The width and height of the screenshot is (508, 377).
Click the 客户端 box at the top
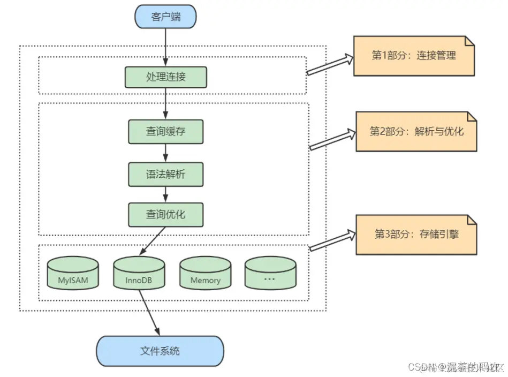tap(165, 17)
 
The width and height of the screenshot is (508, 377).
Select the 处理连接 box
tap(165, 77)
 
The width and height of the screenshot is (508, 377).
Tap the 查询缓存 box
tap(165, 131)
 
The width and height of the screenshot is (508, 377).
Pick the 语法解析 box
tap(165, 174)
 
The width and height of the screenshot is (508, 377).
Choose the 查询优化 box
tap(165, 214)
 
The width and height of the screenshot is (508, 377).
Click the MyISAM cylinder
tap(73, 274)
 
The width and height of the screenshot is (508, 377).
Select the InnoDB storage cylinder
tap(139, 274)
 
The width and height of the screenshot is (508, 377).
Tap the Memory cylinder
tap(205, 274)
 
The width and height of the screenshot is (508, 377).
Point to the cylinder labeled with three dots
tap(270, 274)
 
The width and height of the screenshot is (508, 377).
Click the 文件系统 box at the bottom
tap(160, 351)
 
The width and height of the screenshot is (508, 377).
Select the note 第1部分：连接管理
tap(414, 56)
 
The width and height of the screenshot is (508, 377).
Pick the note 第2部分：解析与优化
tap(416, 131)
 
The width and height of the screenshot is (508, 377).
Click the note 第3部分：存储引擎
tap(416, 234)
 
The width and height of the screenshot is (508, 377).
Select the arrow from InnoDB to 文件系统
tap(150, 313)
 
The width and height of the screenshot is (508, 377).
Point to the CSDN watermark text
tap(455, 367)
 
